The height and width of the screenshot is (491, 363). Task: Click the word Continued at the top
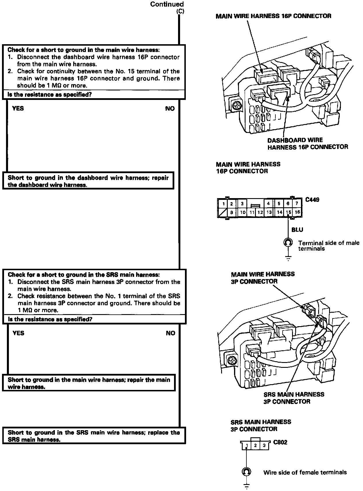coord(167,4)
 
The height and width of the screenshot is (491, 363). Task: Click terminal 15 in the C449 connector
coord(288,212)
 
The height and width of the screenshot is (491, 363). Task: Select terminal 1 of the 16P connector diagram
coord(223,204)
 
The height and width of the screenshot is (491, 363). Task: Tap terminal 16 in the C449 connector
coord(297,212)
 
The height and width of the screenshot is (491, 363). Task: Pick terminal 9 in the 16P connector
coord(231,212)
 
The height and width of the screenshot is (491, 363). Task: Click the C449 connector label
coord(312,200)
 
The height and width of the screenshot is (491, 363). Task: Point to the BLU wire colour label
coord(297,230)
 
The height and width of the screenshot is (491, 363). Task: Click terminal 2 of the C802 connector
coord(255,446)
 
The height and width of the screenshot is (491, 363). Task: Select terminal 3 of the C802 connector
coord(264,446)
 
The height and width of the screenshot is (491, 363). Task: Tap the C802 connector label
coord(280,442)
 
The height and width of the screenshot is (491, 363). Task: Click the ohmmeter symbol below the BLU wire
coord(288,243)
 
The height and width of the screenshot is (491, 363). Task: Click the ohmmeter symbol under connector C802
coord(246,472)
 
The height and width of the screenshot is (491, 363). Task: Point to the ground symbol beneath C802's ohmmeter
coord(246,486)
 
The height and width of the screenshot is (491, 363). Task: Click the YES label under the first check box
coord(18,109)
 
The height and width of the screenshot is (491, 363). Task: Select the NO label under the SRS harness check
coord(170,333)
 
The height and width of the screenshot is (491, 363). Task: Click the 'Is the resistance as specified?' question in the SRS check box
coord(50,319)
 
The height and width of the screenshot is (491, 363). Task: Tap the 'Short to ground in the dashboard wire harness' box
coord(88,181)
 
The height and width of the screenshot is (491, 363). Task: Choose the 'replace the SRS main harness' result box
coord(94,436)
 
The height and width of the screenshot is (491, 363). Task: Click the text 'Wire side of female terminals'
coord(305,472)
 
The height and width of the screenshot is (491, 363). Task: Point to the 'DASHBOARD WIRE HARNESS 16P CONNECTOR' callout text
coord(307,144)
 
